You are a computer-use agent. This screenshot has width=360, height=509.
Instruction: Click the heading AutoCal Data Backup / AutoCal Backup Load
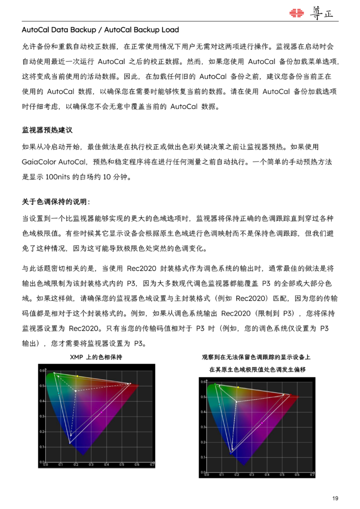tap(100, 30)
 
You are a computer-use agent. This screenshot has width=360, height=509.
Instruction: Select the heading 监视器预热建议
tap(47, 130)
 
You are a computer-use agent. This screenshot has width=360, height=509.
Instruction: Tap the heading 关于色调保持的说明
tap(56, 202)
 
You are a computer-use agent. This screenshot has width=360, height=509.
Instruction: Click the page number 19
tap(335, 498)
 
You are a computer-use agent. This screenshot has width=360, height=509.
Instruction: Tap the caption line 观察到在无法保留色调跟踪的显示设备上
tap(256, 357)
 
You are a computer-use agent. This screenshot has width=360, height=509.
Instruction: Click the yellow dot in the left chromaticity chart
tap(77, 376)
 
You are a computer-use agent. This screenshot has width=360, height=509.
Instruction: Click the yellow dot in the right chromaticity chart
tap(238, 387)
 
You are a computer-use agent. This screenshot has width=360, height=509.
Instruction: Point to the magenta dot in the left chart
tap(101, 414)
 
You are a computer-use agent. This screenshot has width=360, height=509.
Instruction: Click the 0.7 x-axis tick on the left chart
tap(152, 465)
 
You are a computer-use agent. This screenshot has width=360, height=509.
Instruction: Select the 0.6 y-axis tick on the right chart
tap(203, 382)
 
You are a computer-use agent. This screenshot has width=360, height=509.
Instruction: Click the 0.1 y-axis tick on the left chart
tap(41, 446)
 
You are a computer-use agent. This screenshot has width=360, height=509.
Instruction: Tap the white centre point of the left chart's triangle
tap(76, 391)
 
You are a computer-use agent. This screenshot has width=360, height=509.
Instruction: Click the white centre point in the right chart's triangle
tap(236, 401)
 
